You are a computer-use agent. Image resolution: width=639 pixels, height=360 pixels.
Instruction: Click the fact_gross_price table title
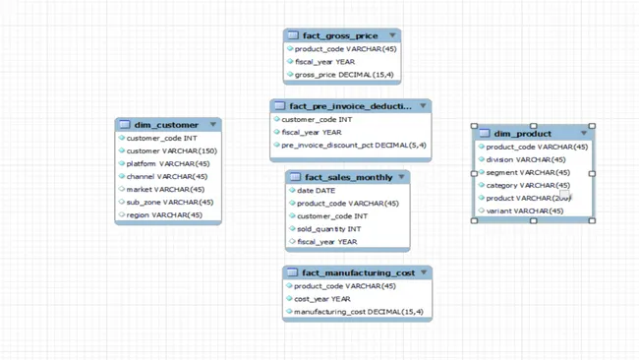[x=339, y=35]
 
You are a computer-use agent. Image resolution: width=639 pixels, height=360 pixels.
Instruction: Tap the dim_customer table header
[x=166, y=125]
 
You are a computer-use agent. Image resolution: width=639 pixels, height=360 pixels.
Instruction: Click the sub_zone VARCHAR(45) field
[x=165, y=202]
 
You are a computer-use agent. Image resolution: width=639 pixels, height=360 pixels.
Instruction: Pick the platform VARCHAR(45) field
[x=167, y=163]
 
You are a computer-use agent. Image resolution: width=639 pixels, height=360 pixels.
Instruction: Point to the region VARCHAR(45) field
[x=163, y=214]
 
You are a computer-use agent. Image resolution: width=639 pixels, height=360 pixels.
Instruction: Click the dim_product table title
[x=522, y=133]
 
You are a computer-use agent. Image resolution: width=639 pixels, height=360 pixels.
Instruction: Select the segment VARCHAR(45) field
[x=527, y=172]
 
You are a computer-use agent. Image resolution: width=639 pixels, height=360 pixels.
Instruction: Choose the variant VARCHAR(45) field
[x=524, y=210]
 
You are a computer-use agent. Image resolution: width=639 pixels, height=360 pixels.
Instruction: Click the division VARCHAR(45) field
[x=525, y=159]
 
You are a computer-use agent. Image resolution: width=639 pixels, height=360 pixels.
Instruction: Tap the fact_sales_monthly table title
[x=348, y=178]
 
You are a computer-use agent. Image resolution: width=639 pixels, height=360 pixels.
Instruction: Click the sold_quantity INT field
[x=328, y=229]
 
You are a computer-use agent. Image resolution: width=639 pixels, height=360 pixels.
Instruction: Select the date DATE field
[x=316, y=191]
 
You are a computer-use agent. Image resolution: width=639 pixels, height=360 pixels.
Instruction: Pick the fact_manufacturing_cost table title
[x=358, y=272]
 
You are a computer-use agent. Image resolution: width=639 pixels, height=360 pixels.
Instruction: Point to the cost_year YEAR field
[x=321, y=299]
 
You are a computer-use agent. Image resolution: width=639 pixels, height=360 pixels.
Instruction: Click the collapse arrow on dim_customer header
[x=213, y=125]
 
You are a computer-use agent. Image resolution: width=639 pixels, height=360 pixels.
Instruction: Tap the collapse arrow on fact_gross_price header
[x=392, y=35]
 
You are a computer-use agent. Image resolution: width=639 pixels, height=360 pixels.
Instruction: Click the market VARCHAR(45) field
[x=165, y=189]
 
